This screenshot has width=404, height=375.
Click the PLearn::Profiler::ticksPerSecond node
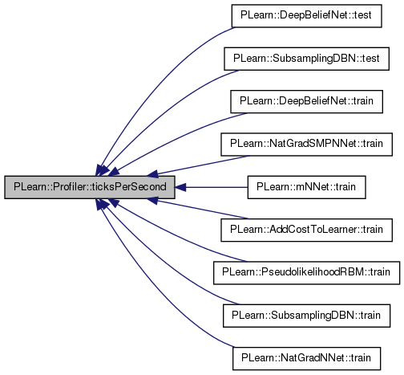pos(90,187)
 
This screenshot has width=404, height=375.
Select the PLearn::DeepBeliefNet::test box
pos(306,16)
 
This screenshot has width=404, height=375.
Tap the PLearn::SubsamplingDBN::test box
pos(306,59)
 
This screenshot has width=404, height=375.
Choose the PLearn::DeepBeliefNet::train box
pos(306,101)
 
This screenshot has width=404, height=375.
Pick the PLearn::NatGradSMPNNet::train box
pos(306,145)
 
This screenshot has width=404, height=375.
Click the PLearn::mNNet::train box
pos(306,187)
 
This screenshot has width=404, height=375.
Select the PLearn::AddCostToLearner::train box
pos(306,230)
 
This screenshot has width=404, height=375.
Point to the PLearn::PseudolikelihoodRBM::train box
pos(306,273)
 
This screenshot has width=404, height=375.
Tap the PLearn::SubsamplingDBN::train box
pos(306,316)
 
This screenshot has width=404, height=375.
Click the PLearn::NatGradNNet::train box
pos(306,358)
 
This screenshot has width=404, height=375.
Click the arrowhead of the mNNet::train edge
pos(180,187)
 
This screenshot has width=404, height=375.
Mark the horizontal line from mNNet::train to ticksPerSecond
pos(216,187)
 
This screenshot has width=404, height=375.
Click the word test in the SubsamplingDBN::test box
pos(370,59)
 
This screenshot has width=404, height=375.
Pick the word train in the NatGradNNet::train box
pos(361,358)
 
